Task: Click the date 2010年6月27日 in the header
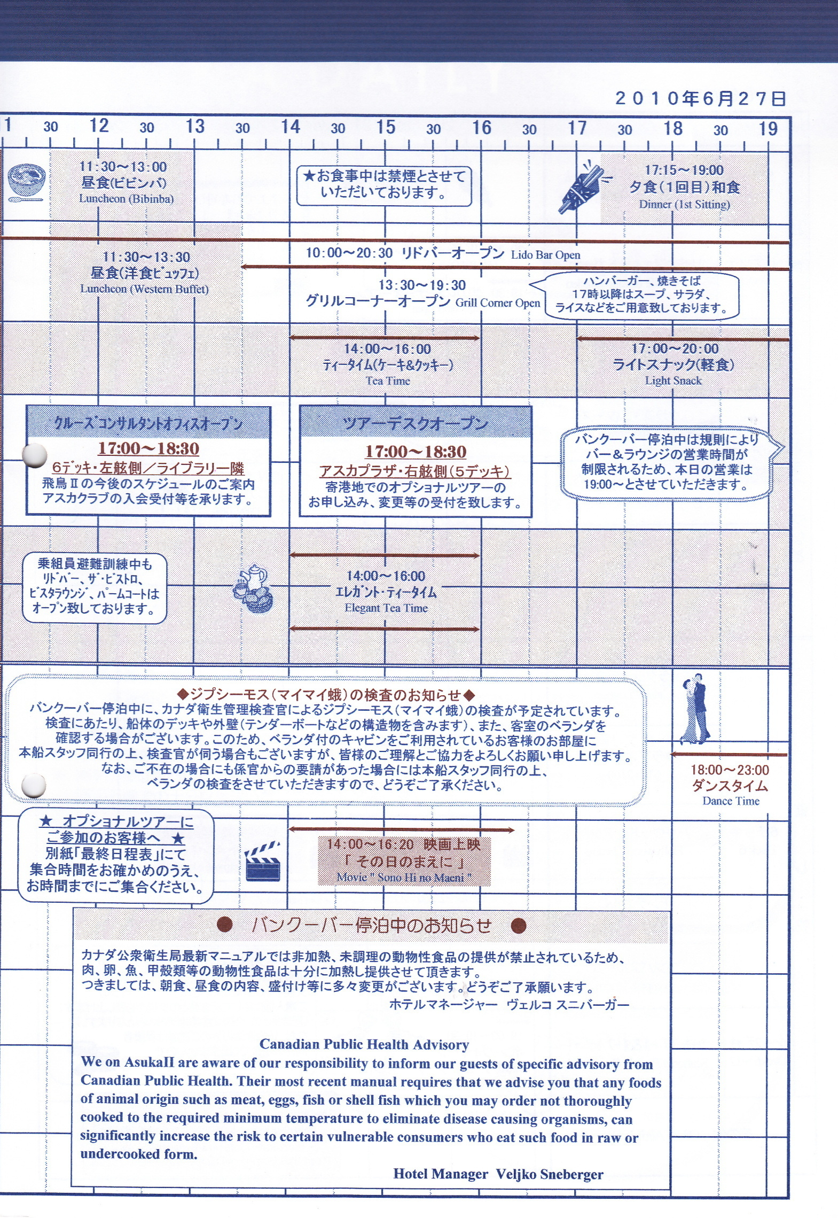click(700, 98)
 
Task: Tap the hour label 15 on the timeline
click(386, 127)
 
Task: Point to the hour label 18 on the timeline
click(672, 128)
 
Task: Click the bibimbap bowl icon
click(26, 183)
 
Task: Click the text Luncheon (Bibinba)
click(127, 199)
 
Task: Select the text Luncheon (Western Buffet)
click(144, 289)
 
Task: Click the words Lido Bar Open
click(545, 255)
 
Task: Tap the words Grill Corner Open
click(498, 302)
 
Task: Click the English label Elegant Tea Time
click(386, 608)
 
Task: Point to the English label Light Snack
click(673, 381)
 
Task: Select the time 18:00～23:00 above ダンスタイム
click(730, 770)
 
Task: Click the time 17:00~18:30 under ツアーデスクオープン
click(416, 452)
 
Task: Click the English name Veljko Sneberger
click(550, 1174)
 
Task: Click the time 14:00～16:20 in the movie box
click(370, 844)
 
